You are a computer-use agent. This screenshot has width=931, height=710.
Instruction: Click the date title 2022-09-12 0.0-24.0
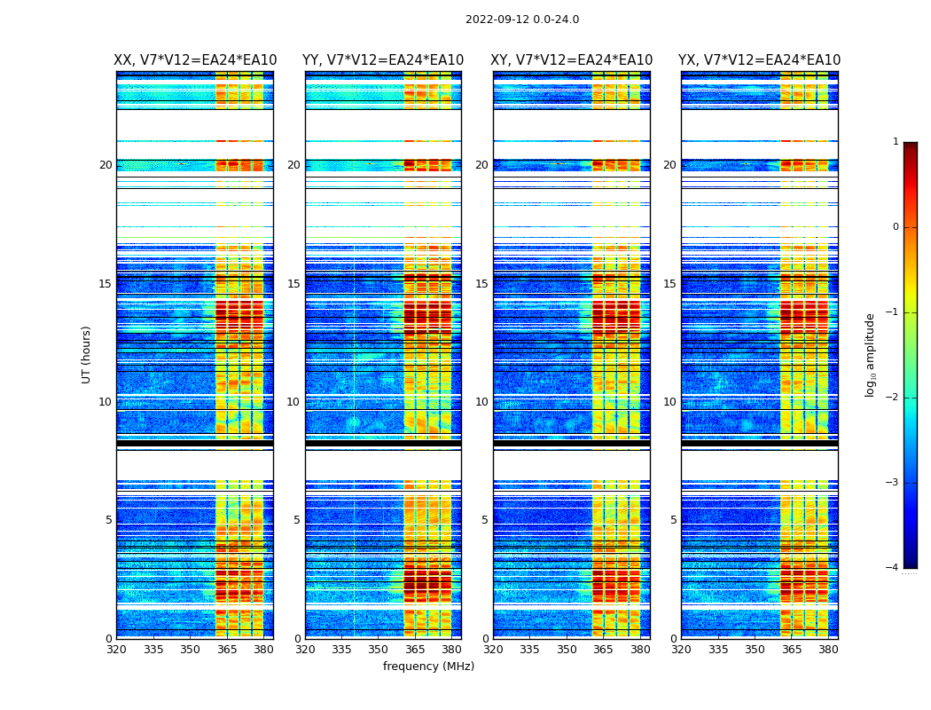522,20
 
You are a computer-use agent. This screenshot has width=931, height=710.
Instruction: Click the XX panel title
195,60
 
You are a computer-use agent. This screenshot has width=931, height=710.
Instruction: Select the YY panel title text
383,60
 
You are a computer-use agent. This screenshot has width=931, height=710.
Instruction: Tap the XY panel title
572,60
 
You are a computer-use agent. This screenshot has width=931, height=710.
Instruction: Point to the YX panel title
760,60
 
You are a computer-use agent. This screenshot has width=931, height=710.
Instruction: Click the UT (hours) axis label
87,354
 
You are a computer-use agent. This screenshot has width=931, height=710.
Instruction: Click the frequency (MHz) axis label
428,667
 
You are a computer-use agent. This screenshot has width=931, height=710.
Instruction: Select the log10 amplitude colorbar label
871,354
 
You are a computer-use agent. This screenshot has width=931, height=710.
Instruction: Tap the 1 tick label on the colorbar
896,142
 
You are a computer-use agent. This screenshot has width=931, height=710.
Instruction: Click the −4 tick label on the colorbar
893,568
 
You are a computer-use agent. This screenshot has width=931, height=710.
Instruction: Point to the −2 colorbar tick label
893,398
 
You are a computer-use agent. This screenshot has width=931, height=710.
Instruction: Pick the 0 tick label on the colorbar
896,227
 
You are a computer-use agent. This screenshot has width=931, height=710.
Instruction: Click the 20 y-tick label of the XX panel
106,165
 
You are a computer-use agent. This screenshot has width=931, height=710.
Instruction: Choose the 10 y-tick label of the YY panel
293,402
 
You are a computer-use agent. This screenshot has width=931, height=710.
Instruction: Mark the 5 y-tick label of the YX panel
673,520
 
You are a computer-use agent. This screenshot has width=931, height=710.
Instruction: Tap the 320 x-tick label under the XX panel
116,650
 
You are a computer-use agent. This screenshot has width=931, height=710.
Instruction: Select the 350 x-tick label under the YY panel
379,650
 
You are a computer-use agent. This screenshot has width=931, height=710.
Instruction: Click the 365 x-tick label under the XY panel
603,650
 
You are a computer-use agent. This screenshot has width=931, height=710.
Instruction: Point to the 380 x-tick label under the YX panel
828,650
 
